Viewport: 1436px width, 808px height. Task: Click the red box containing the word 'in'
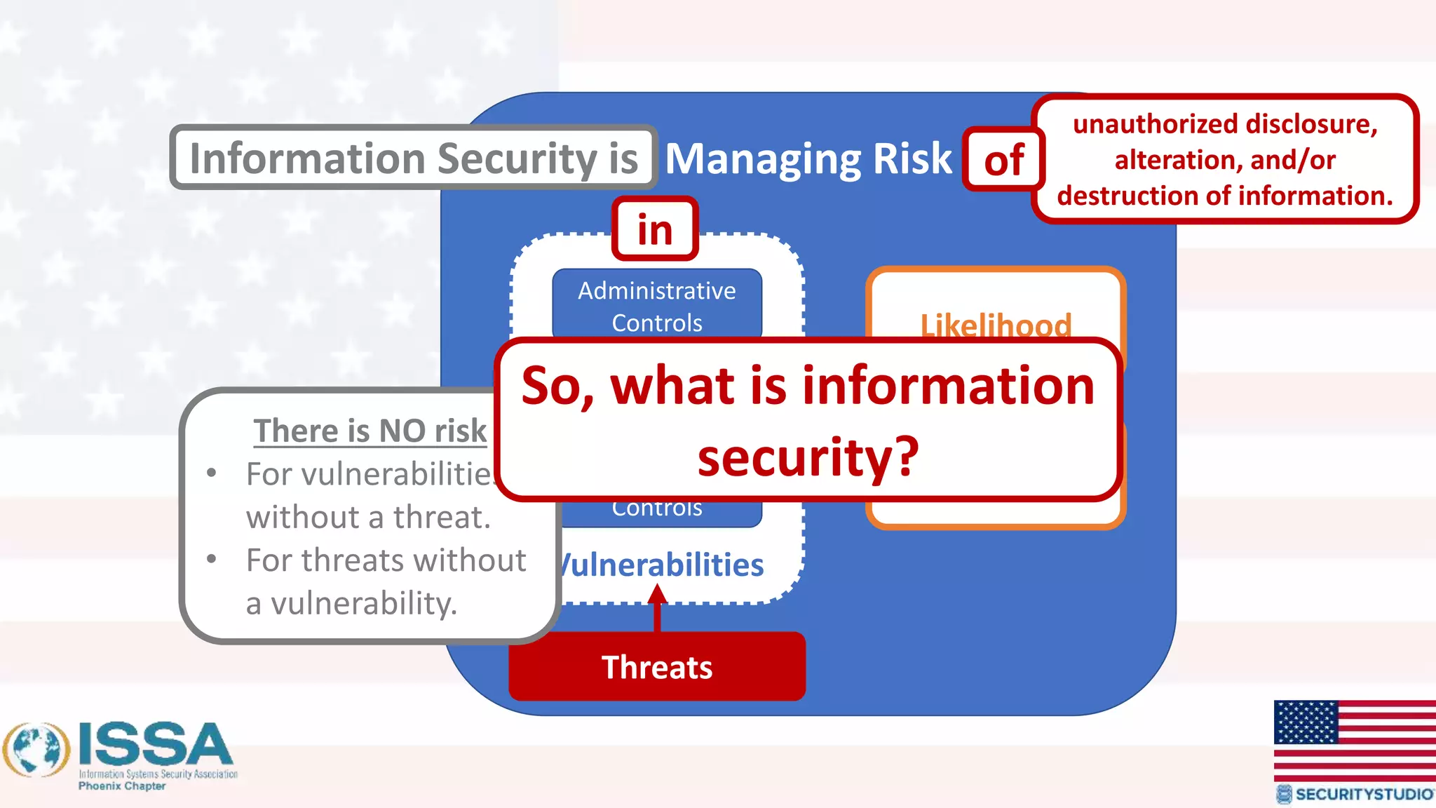pos(655,229)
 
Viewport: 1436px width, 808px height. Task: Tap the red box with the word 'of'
pos(1004,160)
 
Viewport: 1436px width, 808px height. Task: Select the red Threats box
pos(657,666)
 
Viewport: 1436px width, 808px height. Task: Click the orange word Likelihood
pos(996,325)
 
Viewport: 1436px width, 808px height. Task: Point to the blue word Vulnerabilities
pos(663,565)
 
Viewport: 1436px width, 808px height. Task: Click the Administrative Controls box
pos(657,306)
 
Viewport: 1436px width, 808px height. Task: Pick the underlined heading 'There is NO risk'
pos(370,431)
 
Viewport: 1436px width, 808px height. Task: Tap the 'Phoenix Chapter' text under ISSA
pos(122,786)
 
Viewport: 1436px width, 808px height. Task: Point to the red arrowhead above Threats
pos(657,595)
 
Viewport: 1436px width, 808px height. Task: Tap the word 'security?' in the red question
pos(808,457)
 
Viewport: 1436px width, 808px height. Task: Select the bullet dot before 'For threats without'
pos(212,560)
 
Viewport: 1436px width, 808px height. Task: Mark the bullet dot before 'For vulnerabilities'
pos(212,473)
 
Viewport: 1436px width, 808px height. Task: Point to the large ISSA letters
pos(156,745)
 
